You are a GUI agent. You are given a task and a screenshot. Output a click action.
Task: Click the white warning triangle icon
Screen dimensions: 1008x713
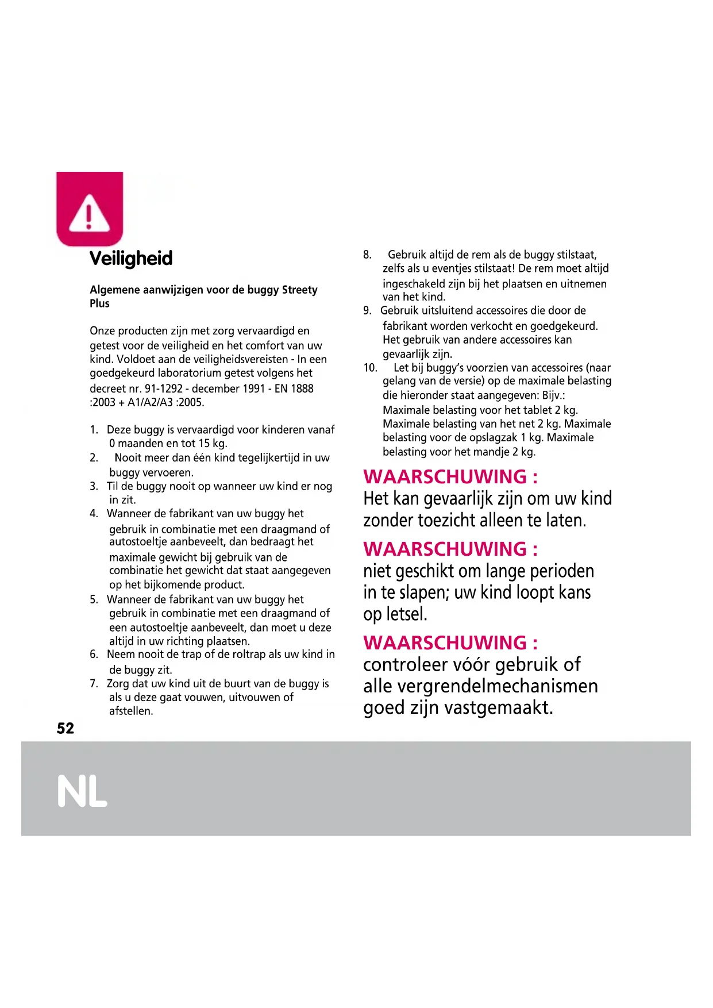[x=89, y=213]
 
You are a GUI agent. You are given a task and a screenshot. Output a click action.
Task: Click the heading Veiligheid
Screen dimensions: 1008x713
[x=131, y=258]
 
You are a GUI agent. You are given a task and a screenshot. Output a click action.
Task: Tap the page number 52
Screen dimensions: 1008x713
[x=65, y=729]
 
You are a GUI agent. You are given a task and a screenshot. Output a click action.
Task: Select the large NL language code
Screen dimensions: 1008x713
[x=83, y=791]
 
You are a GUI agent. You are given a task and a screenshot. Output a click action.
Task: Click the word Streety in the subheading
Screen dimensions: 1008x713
[x=299, y=290]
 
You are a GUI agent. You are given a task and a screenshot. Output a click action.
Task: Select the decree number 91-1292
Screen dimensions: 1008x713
[x=163, y=388]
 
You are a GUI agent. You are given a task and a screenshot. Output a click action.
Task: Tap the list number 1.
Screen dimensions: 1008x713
[x=94, y=430]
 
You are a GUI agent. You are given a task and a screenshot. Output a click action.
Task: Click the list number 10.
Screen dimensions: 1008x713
[x=370, y=368]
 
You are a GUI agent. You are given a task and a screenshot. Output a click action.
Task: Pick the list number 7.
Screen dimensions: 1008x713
[x=94, y=684]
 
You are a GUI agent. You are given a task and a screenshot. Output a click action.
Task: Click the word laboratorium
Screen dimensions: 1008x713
[x=189, y=373]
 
